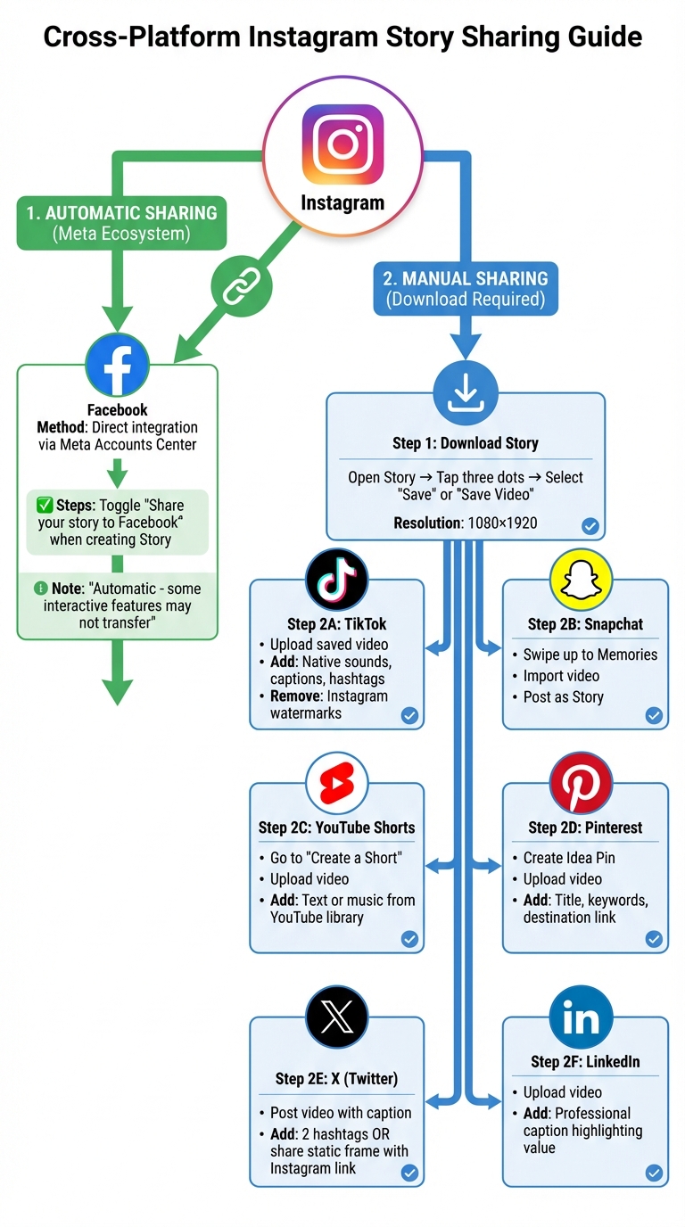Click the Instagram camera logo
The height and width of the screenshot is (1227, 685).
pos(342,144)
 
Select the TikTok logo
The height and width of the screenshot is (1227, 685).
pos(336,580)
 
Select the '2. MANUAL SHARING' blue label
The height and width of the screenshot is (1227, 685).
pos(465,288)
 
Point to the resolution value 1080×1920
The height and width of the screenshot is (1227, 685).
pos(502,523)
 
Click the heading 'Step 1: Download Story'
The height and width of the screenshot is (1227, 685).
pos(465,443)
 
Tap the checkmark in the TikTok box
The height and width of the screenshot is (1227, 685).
pos(409,715)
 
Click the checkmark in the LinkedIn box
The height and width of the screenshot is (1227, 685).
pos(654,1173)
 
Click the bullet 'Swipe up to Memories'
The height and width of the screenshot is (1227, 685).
pos(590,655)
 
